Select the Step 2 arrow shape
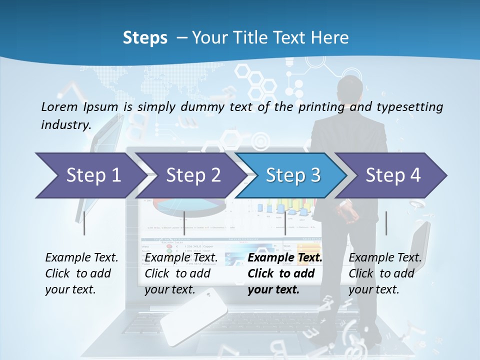tap(192, 175)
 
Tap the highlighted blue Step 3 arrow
tap(292, 175)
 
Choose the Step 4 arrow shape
tap(392, 175)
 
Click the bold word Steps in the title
tap(145, 37)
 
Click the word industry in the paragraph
tap(65, 125)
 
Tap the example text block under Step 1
tap(81, 273)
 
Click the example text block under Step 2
tap(181, 273)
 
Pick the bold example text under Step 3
tap(285, 273)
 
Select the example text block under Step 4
tap(385, 273)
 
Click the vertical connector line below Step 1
tap(84, 223)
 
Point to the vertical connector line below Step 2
tap(184, 223)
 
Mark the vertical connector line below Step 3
tap(285, 223)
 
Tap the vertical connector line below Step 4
tap(386, 223)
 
